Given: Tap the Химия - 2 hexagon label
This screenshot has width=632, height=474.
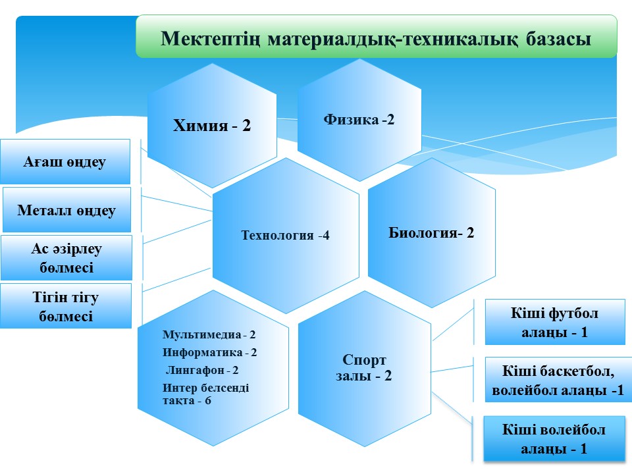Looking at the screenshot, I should [x=211, y=125].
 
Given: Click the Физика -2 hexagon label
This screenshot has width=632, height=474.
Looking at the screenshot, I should [x=359, y=120].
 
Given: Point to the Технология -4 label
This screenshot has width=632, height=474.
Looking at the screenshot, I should [x=285, y=235].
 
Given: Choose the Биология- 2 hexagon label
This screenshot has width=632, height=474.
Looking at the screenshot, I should [x=431, y=232].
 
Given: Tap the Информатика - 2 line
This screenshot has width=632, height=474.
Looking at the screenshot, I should [x=209, y=352].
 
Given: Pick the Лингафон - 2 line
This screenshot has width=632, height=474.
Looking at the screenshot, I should [x=202, y=370].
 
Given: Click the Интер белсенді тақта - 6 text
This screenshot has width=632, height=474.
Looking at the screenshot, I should [x=205, y=394].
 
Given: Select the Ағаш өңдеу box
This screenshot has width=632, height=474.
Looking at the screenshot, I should [x=65, y=162].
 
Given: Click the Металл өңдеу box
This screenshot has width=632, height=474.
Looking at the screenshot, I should [x=66, y=210].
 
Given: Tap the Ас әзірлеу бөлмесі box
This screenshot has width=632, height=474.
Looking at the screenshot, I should [x=66, y=257].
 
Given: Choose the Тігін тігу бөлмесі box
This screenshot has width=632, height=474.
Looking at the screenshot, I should [x=66, y=306].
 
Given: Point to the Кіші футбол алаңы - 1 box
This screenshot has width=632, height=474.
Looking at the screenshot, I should [x=555, y=322].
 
